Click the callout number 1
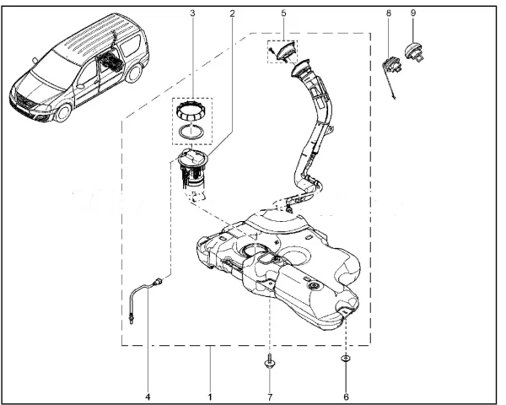(209, 395)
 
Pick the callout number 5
(283, 13)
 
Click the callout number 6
(346, 395)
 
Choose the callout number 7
(269, 395)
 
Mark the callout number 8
(389, 13)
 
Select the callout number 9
(412, 13)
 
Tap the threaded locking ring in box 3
(192, 110)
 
